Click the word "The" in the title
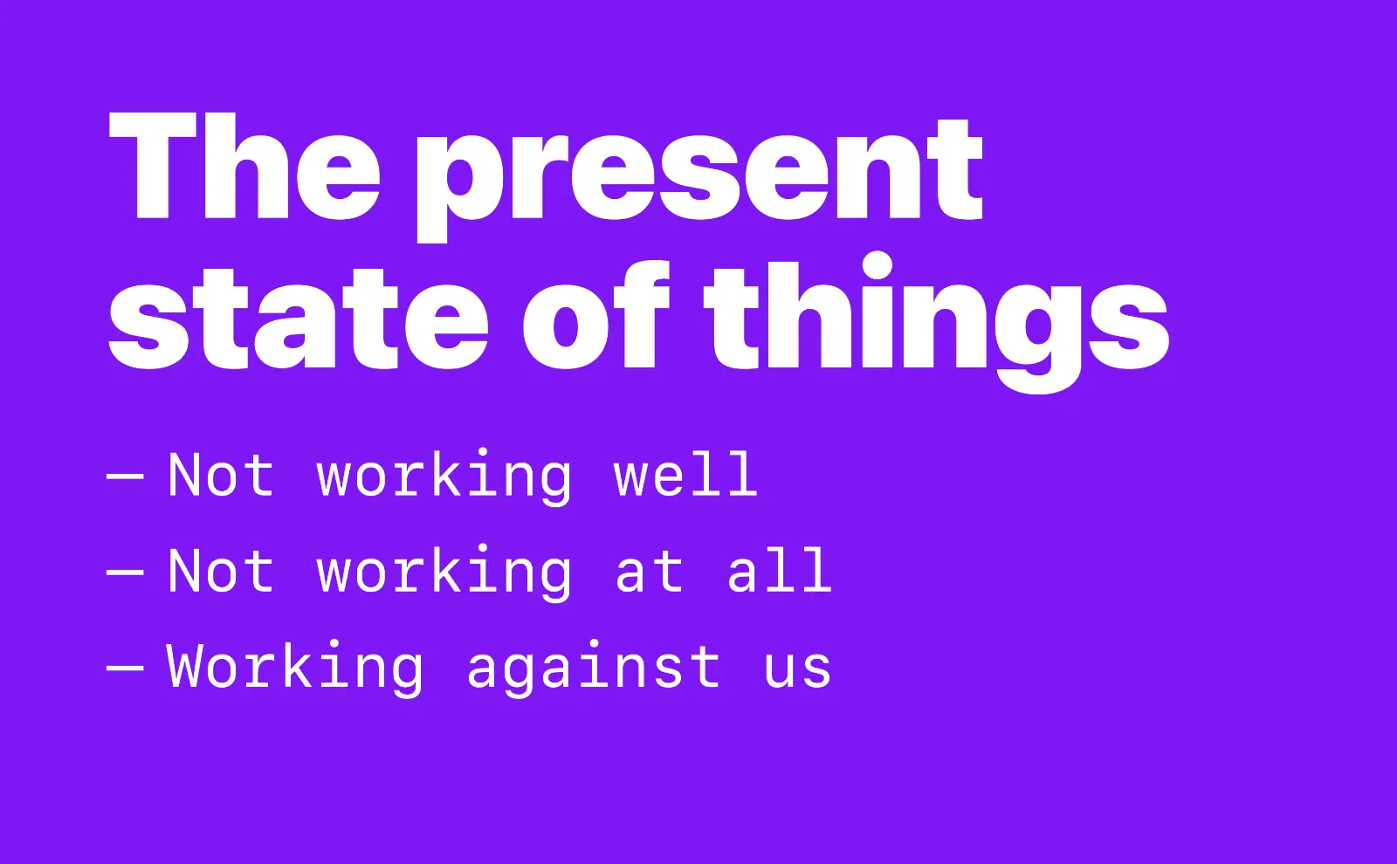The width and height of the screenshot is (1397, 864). point(244,167)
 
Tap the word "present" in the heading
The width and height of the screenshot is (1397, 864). point(699,175)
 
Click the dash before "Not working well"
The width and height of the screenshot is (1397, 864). point(125,477)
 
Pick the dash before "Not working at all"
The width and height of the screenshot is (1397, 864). point(125,573)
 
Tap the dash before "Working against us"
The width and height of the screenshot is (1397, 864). point(125,668)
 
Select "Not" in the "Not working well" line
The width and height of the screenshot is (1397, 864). point(221,476)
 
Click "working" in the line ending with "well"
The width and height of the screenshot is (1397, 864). point(444,477)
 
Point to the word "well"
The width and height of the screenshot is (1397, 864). point(685,476)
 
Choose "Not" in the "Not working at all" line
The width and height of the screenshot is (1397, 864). point(221,572)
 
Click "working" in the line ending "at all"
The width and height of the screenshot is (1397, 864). point(444,573)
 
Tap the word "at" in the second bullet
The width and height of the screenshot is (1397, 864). point(649,573)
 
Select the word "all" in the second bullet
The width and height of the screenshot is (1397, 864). point(779,572)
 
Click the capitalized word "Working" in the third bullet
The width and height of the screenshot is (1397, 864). point(295,669)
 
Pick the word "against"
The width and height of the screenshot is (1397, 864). point(594,669)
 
